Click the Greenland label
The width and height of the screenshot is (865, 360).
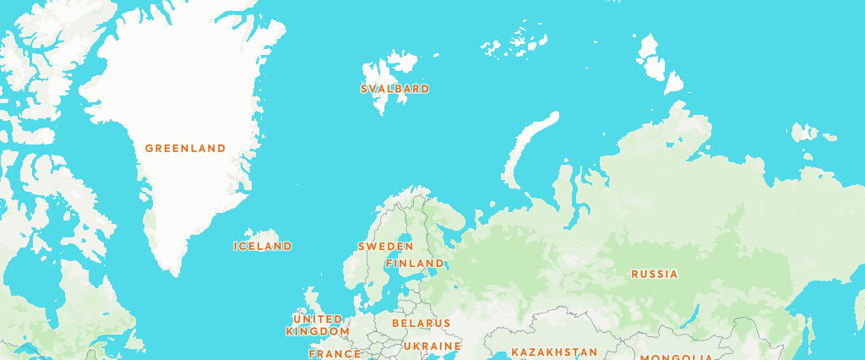click(185, 148)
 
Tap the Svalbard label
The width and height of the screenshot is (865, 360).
click(394, 89)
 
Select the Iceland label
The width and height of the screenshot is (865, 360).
click(263, 246)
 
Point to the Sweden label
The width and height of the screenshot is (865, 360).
click(385, 247)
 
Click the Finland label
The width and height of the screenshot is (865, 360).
click(415, 264)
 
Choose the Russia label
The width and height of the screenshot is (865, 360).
click(654, 274)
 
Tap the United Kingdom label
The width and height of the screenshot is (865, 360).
click(318, 325)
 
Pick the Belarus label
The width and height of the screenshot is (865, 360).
click(421, 323)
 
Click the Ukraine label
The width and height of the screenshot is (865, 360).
click(432, 346)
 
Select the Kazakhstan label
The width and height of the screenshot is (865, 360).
click(553, 352)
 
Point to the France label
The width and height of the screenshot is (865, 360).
click(335, 354)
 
